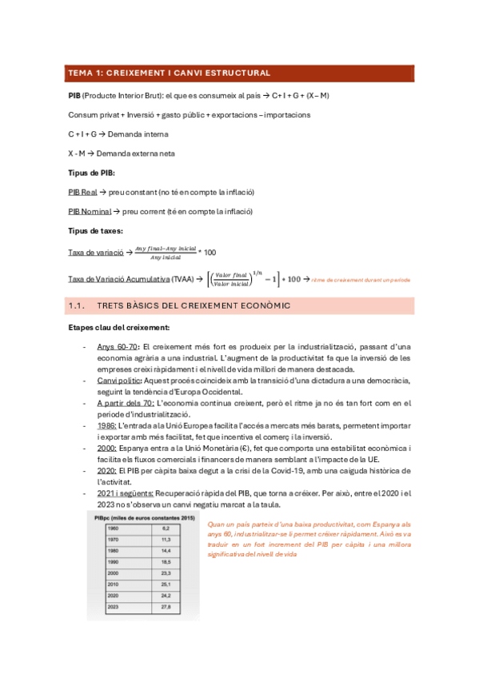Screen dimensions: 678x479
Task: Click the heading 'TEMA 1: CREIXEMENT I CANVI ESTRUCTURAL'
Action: [x=169, y=73]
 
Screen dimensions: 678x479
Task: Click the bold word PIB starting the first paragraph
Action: [x=74, y=95]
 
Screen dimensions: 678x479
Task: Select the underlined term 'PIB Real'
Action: [x=83, y=193]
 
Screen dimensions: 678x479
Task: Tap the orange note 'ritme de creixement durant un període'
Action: [x=360, y=280]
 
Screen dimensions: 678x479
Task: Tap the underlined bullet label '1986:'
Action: [x=106, y=427]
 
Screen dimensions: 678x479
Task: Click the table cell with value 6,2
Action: [x=166, y=529]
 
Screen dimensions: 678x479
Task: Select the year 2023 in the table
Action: [x=102, y=608]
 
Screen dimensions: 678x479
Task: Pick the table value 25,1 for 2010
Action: [x=166, y=585]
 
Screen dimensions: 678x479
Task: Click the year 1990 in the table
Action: [x=102, y=563]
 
